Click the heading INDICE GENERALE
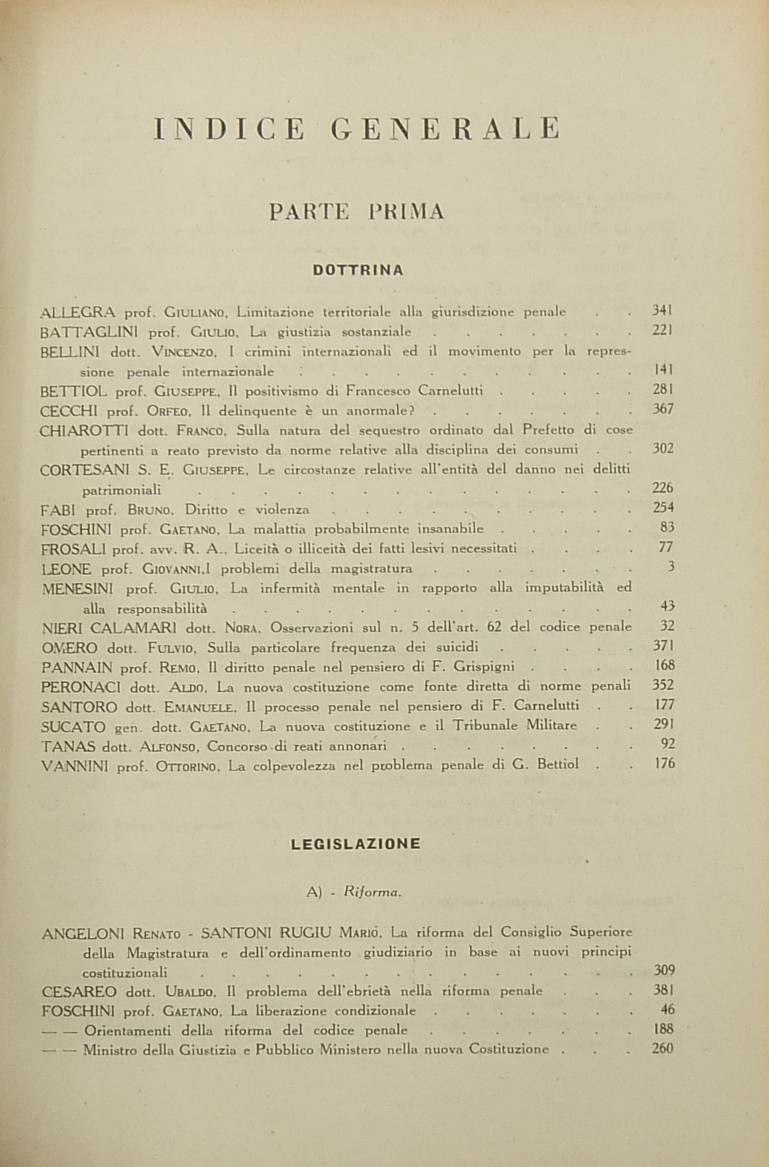tap(356, 130)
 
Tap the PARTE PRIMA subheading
tap(356, 212)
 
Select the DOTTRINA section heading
tap(358, 270)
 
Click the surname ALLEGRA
tap(78, 312)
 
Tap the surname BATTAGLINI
tap(90, 332)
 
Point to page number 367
tap(663, 409)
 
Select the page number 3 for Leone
tap(671, 567)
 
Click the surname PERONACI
tap(81, 687)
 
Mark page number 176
tap(665, 763)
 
